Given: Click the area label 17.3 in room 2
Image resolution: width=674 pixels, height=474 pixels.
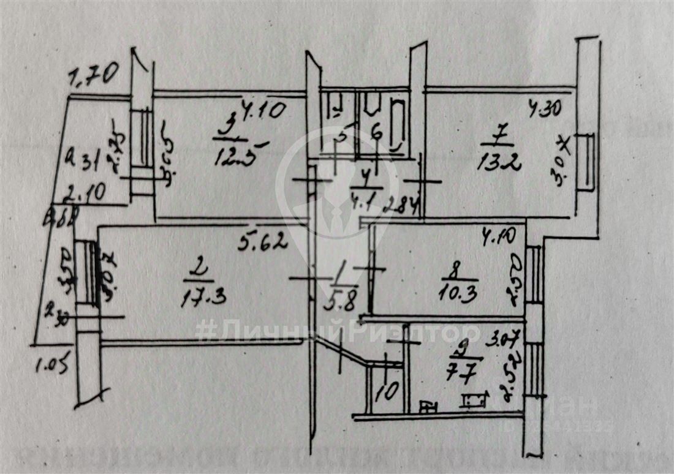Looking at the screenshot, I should pos(204,298).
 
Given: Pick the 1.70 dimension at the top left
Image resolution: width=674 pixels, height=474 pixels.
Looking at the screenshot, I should pos(93,76).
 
